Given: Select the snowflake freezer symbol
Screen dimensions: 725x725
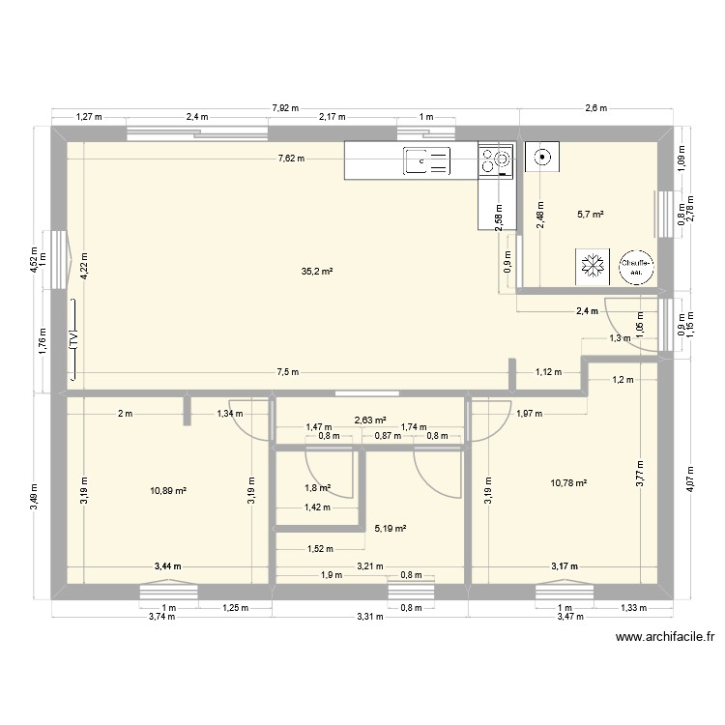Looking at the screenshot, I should [x=590, y=266].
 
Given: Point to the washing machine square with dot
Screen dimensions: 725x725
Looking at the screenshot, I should [x=541, y=155].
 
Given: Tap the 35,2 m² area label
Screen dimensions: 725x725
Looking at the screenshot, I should [x=316, y=273].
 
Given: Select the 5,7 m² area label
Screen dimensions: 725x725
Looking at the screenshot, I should [x=590, y=215].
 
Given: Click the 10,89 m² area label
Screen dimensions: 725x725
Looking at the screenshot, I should [x=168, y=490].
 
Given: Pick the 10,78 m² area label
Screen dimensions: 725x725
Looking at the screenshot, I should [x=569, y=483].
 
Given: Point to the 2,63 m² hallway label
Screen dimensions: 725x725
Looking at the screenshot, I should [x=370, y=420].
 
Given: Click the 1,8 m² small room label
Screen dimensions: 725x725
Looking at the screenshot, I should [x=319, y=488].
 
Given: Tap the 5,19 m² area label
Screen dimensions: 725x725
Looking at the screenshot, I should [x=390, y=529].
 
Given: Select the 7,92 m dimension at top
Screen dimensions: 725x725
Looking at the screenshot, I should [x=285, y=108].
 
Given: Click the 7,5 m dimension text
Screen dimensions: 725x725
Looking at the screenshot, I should [x=287, y=372].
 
